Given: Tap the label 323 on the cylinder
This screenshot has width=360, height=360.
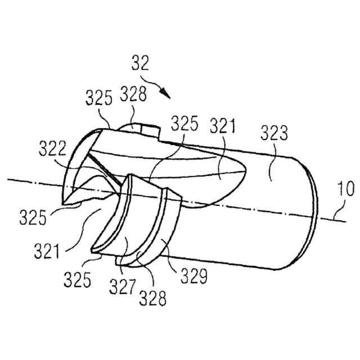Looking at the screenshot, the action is click(x=274, y=134).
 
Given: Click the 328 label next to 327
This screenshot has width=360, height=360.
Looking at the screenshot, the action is click(x=153, y=298).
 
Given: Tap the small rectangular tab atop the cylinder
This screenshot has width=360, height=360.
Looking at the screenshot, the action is click(x=141, y=130).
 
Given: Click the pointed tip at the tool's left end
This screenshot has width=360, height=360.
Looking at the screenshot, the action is click(x=62, y=200).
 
